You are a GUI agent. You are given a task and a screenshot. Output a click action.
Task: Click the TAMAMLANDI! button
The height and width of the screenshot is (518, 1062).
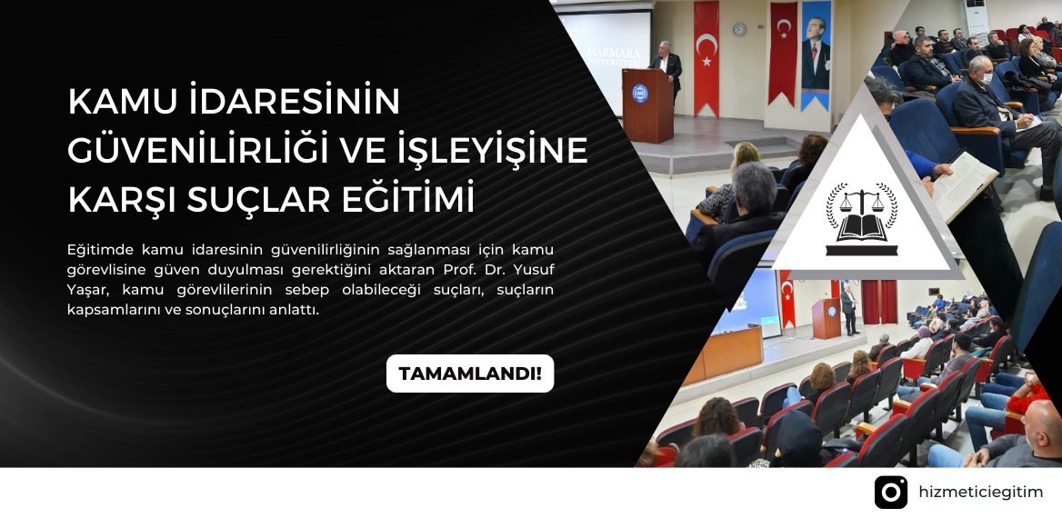point(470,374)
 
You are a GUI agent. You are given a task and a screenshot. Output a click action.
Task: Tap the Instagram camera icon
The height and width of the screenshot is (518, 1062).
point(891,493)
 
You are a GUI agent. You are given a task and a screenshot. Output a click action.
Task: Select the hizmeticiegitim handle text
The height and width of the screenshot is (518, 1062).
point(981,493)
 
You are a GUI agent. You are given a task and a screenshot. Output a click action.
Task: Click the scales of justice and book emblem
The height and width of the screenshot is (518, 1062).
point(862,219)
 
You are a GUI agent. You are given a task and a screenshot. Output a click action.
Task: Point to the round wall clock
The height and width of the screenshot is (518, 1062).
point(739,29)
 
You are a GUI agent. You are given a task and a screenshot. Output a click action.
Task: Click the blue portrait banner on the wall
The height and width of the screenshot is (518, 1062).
point(816,55)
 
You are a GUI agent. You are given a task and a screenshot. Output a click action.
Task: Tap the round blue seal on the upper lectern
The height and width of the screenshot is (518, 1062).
point(640,93)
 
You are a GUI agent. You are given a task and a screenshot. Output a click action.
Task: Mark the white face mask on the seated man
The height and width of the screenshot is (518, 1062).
point(987,78)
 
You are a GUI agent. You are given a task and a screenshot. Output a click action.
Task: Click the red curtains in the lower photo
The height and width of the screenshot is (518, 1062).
point(879,302)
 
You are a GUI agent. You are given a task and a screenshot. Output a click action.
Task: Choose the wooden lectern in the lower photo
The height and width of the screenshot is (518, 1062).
point(827,318)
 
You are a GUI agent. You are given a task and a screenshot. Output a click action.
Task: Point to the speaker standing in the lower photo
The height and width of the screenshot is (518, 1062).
point(848,310)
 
